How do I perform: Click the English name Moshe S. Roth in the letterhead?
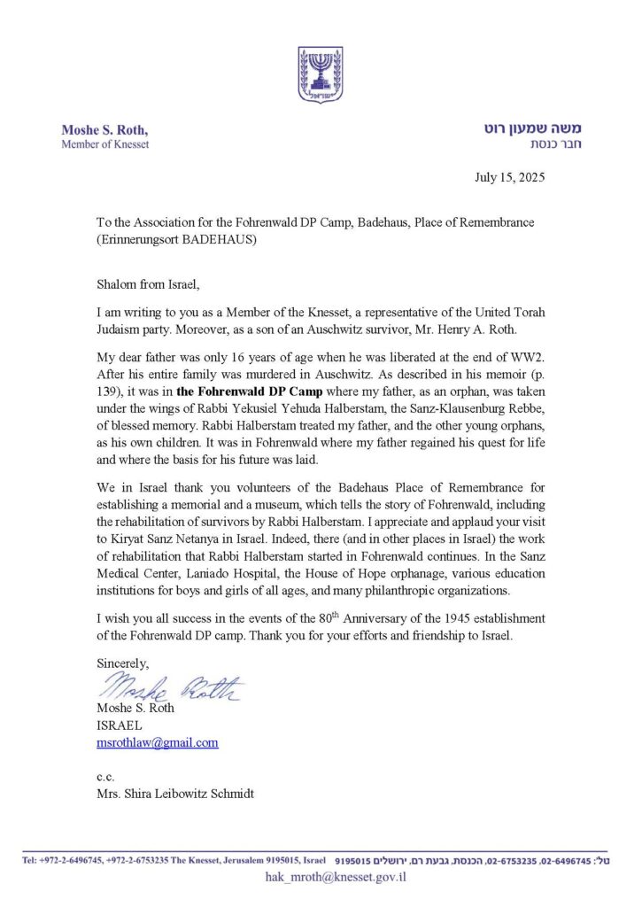tap(104, 130)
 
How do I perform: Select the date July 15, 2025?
tap(509, 176)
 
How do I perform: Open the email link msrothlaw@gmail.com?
tap(158, 742)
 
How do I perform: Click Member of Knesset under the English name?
tap(104, 144)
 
